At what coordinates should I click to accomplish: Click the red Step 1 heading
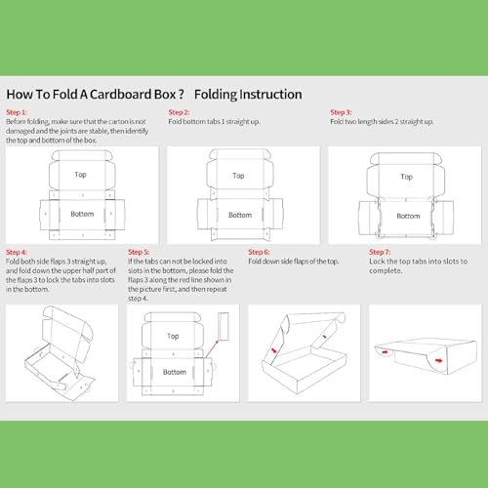(17, 112)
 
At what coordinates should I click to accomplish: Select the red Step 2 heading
(179, 112)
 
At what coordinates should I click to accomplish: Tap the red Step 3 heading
(341, 112)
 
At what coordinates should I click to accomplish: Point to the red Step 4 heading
(17, 252)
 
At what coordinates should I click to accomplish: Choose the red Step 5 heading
(139, 252)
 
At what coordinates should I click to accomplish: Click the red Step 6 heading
(259, 252)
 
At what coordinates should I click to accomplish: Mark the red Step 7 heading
(380, 252)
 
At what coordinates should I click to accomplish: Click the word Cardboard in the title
(120, 95)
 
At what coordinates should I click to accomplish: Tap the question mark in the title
(182, 95)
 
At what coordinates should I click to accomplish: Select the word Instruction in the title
(270, 95)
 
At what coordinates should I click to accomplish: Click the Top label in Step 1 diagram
(80, 175)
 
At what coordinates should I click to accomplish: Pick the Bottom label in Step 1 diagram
(82, 214)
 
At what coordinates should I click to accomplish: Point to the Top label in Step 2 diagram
(238, 176)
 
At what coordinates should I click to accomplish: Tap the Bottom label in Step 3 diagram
(408, 216)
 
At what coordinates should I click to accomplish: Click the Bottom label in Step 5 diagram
(175, 372)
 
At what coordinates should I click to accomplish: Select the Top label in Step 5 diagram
(173, 336)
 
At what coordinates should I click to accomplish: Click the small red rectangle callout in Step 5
(224, 326)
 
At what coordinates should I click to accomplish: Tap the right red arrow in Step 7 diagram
(439, 360)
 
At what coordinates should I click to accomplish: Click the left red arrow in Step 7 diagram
(385, 351)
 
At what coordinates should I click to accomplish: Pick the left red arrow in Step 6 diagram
(274, 350)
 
